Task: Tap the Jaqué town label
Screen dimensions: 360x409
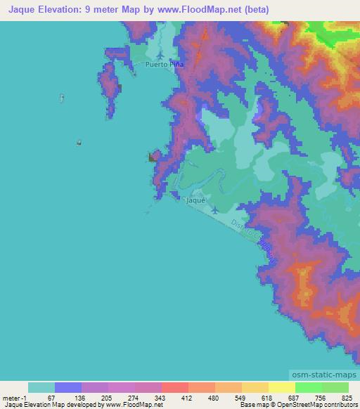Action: [x=195, y=200]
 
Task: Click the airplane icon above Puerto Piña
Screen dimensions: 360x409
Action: [x=161, y=55]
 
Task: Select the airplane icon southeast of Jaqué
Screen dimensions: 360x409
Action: [x=214, y=209]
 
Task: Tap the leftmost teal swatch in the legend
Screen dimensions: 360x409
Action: [x=41, y=387]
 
